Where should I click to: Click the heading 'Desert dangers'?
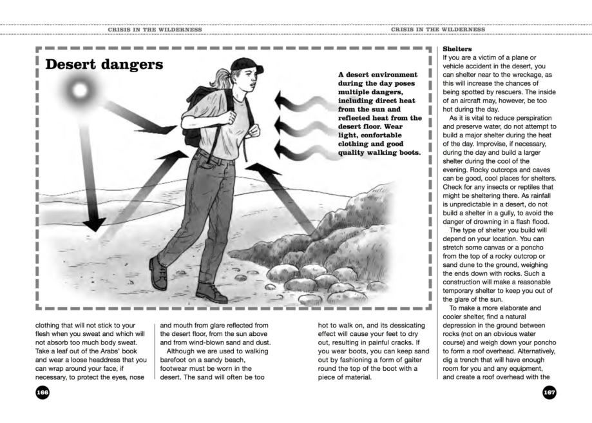(x=104, y=66)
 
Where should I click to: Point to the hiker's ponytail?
(x=225, y=80)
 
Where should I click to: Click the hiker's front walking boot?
(x=212, y=293)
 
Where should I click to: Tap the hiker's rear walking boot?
(x=158, y=271)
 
